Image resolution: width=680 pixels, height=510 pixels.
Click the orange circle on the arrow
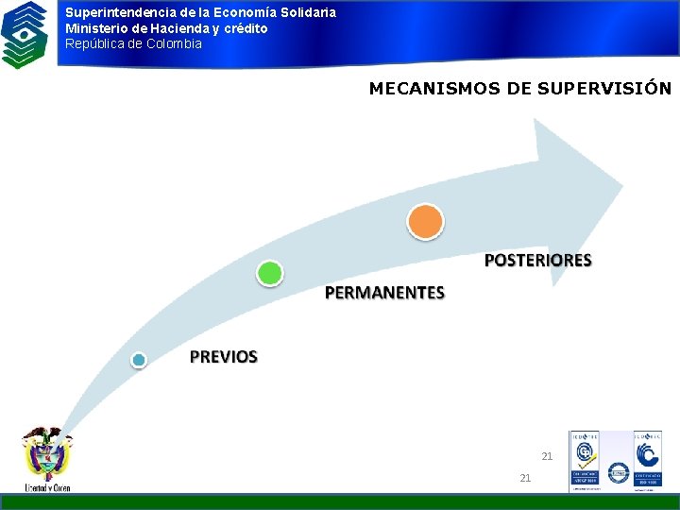click(x=425, y=222)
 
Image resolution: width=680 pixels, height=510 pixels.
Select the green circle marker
click(x=270, y=274)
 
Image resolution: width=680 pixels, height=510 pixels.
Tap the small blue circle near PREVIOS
click(x=139, y=360)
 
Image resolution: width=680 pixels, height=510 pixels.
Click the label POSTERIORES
click(x=537, y=260)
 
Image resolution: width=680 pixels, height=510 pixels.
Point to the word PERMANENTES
click(x=384, y=293)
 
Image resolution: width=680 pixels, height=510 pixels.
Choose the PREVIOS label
click(x=223, y=356)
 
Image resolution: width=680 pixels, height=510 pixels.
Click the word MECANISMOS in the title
click(x=423, y=89)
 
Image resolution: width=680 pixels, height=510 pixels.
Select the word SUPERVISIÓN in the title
click(x=603, y=89)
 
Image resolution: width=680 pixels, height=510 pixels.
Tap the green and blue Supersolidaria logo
click(x=25, y=34)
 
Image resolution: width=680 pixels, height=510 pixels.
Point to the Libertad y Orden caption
click(x=47, y=487)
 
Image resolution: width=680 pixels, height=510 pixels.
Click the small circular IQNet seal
click(x=619, y=473)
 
